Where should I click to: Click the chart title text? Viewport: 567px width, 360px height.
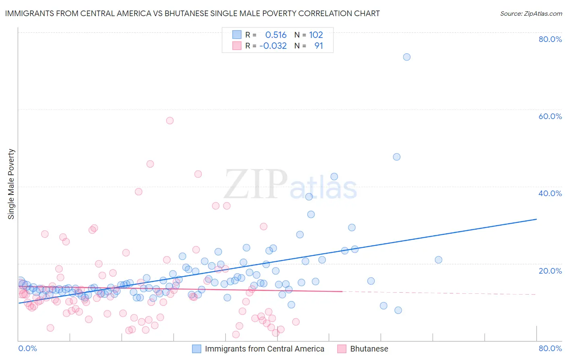(x=192, y=13)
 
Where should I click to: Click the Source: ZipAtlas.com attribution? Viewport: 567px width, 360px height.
(x=531, y=13)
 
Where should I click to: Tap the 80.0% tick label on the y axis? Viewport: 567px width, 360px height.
(x=550, y=39)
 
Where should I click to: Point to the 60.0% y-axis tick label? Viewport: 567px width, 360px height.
(x=550, y=116)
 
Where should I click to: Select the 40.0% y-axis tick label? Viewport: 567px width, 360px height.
(x=550, y=193)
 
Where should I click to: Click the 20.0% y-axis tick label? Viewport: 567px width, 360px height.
(x=550, y=271)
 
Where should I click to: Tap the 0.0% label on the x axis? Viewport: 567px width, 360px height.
(x=27, y=348)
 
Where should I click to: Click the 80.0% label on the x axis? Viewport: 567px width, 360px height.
(x=550, y=348)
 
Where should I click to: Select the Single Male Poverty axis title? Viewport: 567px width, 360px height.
(x=11, y=184)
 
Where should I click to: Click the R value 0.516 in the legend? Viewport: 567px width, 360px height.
(x=276, y=35)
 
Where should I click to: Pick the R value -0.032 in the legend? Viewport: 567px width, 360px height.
(x=273, y=46)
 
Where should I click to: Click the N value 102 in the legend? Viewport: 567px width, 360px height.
(x=316, y=35)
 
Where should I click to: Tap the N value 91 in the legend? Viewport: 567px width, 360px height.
(x=319, y=46)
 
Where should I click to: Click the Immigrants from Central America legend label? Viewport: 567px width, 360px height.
(x=265, y=349)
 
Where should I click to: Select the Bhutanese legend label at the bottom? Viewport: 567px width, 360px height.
(x=369, y=349)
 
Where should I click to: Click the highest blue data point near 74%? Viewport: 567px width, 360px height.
(x=406, y=57)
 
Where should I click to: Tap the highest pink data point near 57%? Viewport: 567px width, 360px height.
(x=170, y=121)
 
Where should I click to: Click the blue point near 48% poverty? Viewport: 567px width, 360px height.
(x=396, y=157)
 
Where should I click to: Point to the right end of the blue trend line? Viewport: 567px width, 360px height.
(x=536, y=219)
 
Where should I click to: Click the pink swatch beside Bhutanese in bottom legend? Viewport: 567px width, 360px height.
(x=342, y=349)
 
